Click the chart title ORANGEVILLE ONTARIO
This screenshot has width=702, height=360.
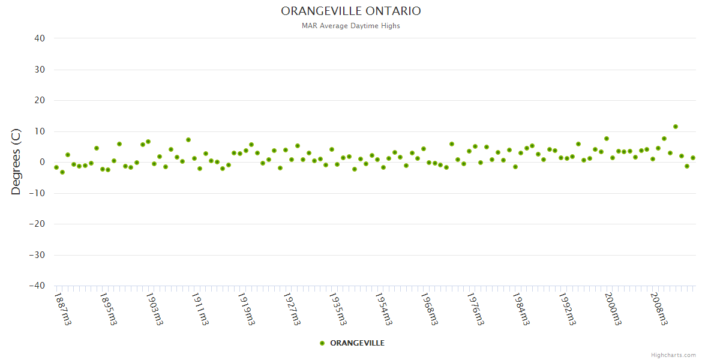(x=351, y=11)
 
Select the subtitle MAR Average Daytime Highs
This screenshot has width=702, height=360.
(x=351, y=26)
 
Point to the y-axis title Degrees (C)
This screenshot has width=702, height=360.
(x=16, y=161)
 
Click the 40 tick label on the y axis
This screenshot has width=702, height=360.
(x=40, y=38)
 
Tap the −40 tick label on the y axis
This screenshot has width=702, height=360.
(x=37, y=286)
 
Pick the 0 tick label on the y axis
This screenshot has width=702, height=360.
(x=43, y=162)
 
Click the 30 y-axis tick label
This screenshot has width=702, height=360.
(x=40, y=70)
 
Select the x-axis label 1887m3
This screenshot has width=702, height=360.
(x=62, y=308)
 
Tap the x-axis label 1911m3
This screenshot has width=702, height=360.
(x=200, y=308)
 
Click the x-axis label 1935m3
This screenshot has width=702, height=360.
(x=337, y=308)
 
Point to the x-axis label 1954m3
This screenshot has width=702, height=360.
(x=383, y=308)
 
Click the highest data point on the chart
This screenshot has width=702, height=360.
(x=676, y=127)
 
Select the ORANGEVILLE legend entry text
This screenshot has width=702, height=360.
(x=358, y=343)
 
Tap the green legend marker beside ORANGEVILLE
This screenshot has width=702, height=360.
(x=322, y=343)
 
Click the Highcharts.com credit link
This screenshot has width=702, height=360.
(x=673, y=355)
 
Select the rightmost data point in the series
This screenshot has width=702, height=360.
(x=693, y=158)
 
